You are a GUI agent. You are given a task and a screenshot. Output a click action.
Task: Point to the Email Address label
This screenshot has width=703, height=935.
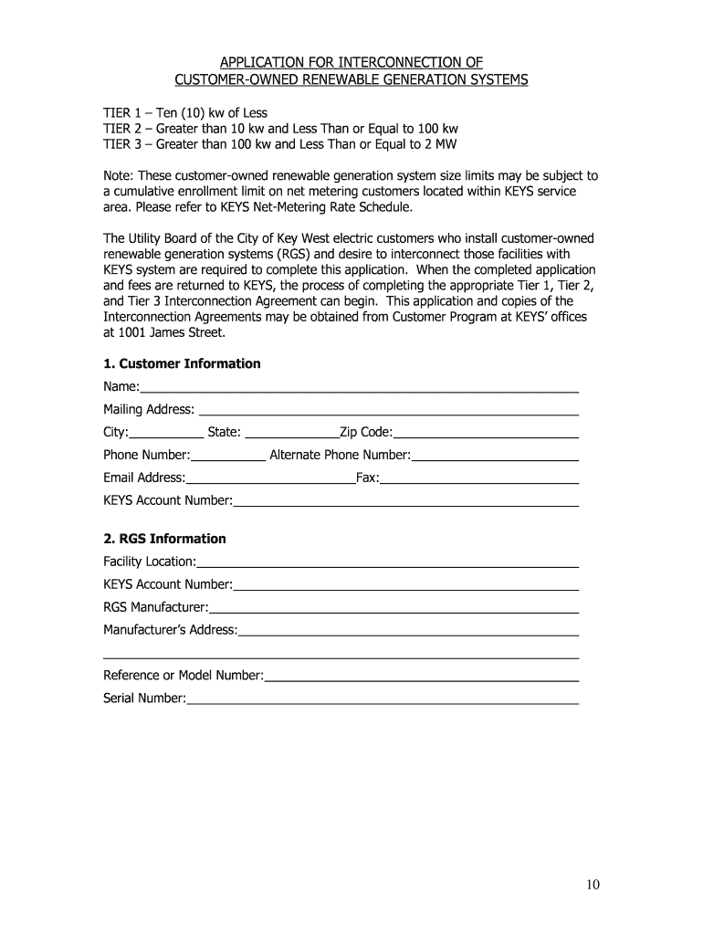[x=144, y=478]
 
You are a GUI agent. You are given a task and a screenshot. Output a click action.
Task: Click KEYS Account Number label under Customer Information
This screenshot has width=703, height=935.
[x=167, y=500]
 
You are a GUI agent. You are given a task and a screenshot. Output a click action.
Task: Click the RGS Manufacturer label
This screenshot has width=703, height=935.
[x=155, y=607]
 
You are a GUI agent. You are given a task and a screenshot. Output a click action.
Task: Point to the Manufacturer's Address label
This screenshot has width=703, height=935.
[x=170, y=630]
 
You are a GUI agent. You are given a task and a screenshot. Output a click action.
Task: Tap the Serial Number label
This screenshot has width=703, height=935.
[x=144, y=699]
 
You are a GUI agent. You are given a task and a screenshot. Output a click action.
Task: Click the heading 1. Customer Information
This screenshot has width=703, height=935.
[x=182, y=363]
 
